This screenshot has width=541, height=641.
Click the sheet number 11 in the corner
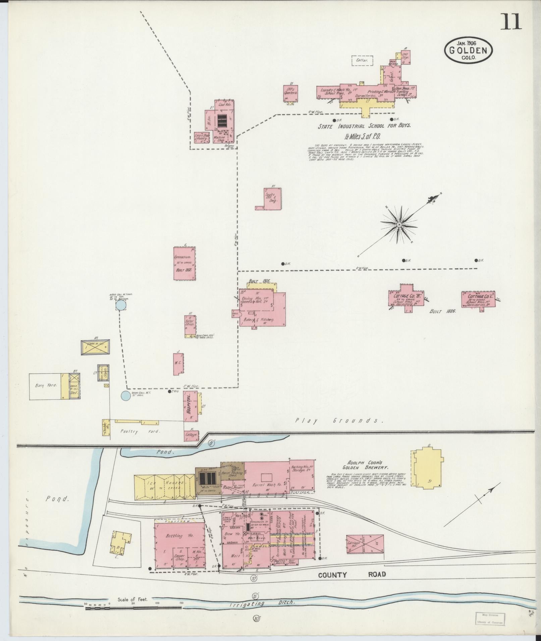[511, 22]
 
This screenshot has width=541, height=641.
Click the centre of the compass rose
[399, 224]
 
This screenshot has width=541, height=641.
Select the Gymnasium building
[184, 263]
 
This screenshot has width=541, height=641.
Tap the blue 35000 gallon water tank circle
[121, 305]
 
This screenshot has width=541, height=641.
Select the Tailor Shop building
[190, 326]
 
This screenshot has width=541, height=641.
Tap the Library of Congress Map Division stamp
[490, 618]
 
